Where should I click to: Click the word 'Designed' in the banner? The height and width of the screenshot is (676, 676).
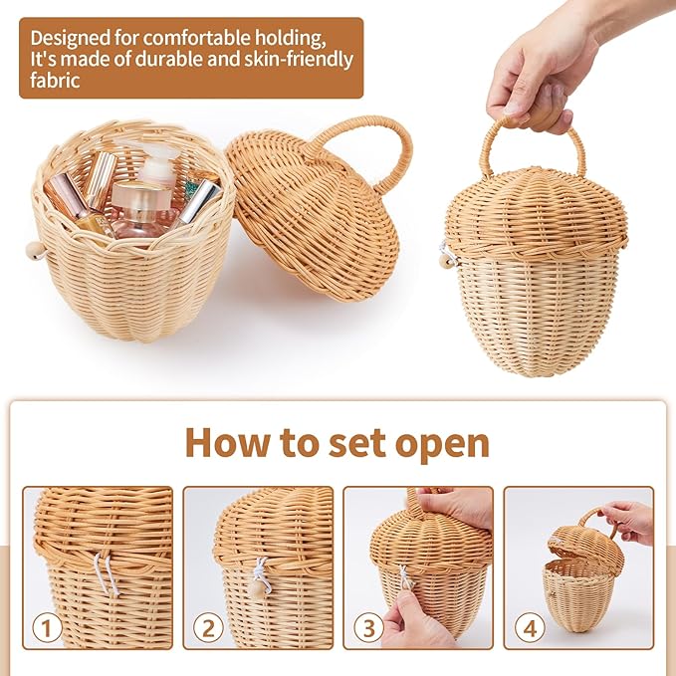click(71, 39)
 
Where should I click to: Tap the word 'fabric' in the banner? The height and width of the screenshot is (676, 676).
click(55, 81)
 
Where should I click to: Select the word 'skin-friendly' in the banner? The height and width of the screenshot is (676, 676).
click(299, 60)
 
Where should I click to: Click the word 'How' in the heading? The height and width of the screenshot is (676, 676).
click(228, 443)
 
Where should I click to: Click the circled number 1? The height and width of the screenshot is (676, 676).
click(47, 628)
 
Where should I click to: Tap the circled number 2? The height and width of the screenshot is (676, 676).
click(208, 628)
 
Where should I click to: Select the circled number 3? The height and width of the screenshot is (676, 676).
click(368, 628)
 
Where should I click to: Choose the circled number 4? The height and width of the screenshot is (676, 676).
click(530, 628)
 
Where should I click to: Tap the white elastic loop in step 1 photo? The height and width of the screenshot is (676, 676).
click(107, 572)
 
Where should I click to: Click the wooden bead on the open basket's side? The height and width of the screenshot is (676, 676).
click(35, 250)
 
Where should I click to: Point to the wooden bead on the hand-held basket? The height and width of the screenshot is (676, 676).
click(444, 260)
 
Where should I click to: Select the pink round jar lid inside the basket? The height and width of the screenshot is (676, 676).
click(141, 195)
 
